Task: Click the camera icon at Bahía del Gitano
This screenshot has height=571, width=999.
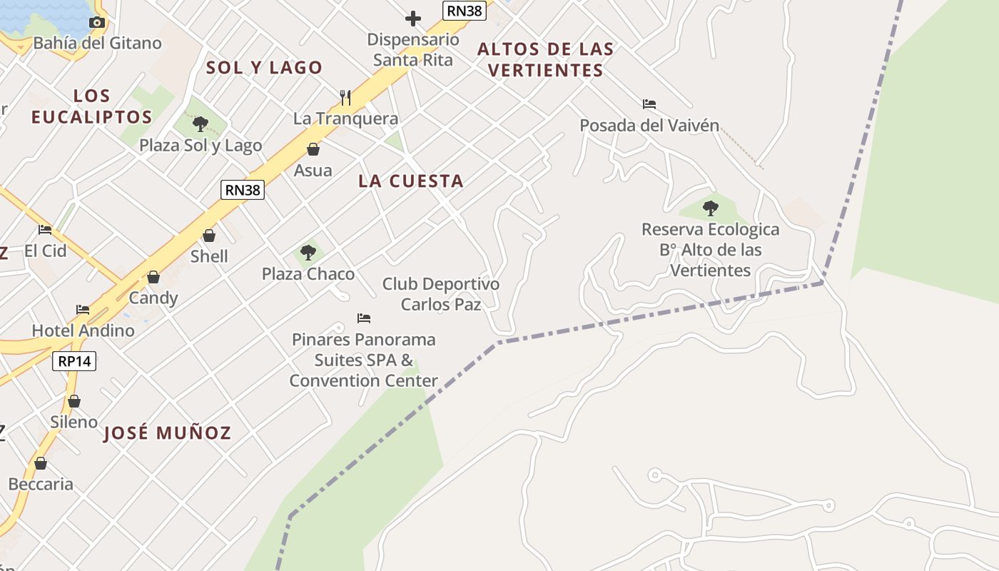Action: point(97,22)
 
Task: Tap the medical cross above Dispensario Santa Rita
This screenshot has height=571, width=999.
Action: point(412,18)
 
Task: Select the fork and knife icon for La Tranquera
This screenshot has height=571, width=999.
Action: point(345,97)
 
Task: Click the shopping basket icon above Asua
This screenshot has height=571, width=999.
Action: point(313,149)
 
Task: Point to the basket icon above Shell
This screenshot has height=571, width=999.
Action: point(209,236)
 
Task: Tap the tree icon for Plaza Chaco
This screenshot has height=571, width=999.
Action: point(308,253)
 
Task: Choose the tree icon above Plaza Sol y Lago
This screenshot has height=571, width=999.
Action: point(201,124)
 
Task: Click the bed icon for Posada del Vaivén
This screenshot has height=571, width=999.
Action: point(649,104)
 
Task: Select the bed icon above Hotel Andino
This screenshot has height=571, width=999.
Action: point(83,310)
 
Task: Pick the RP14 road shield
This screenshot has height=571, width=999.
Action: point(74,361)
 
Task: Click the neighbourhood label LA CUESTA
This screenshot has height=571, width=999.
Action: point(411,181)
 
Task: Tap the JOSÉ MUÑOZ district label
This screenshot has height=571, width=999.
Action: point(168,433)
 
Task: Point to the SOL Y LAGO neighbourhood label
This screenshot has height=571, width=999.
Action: point(264,68)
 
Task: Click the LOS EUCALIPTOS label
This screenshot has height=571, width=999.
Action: point(92,106)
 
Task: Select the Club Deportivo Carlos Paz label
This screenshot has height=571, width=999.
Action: point(441,294)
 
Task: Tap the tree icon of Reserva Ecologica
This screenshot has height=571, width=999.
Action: point(710,208)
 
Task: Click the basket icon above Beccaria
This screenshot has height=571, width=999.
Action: point(41,463)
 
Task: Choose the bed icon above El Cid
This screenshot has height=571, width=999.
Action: point(45,230)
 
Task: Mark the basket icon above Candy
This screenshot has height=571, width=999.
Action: point(153,277)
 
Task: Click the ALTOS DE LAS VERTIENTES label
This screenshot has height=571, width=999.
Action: point(545,59)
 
